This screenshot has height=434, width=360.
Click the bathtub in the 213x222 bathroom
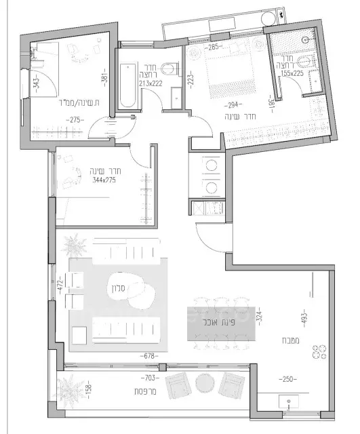coord(127,86)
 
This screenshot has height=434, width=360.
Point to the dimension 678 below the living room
coord(151,355)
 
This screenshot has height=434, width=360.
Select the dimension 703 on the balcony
coord(150,376)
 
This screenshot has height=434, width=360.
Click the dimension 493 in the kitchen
coord(304,315)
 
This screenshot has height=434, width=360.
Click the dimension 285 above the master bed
coord(214,47)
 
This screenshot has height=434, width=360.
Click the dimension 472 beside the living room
coord(60,284)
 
